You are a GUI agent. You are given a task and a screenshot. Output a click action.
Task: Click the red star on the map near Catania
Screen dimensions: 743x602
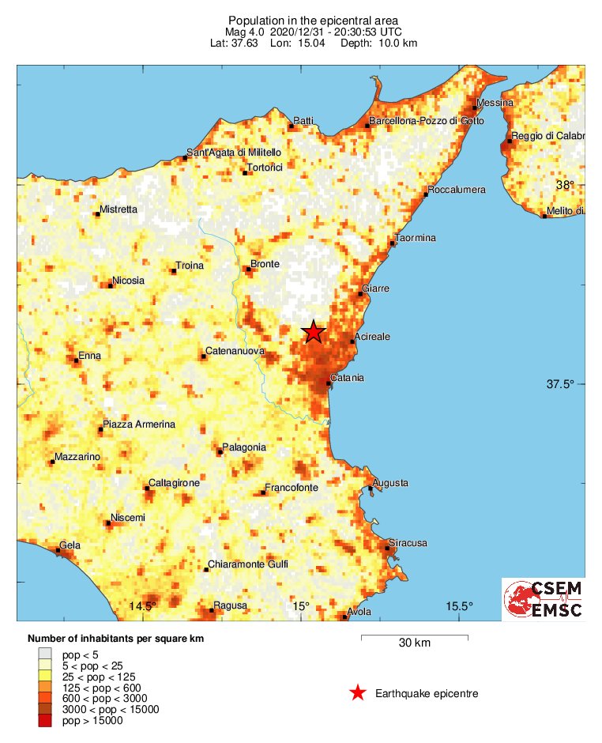click(x=314, y=332)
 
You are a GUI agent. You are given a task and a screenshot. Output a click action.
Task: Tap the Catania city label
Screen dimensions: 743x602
click(x=348, y=378)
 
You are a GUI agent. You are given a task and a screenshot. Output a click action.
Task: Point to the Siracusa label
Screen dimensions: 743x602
click(x=408, y=543)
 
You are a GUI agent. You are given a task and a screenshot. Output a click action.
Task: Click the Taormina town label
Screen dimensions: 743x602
click(x=416, y=238)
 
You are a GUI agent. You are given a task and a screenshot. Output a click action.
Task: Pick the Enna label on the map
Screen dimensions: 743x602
click(x=90, y=356)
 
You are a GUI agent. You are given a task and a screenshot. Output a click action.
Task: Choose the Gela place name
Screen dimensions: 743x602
click(x=70, y=547)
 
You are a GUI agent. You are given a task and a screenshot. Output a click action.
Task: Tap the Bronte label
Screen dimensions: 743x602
click(x=265, y=264)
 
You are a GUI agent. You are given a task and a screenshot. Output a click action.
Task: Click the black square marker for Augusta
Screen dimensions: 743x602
click(x=370, y=488)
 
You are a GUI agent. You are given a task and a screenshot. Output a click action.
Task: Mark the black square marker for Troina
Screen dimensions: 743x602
click(x=173, y=271)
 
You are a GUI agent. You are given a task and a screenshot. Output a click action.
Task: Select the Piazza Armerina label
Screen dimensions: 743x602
click(x=139, y=424)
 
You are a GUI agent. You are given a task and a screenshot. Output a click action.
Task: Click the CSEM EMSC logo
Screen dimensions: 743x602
click(x=544, y=599)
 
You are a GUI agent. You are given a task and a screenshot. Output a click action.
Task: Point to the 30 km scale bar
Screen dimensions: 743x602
click(x=414, y=636)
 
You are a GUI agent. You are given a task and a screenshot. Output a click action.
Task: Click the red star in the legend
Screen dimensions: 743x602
click(x=358, y=693)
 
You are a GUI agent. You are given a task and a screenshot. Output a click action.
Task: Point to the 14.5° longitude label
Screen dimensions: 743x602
click(x=142, y=606)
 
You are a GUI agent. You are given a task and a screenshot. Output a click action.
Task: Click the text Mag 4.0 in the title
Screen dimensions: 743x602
click(x=245, y=32)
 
